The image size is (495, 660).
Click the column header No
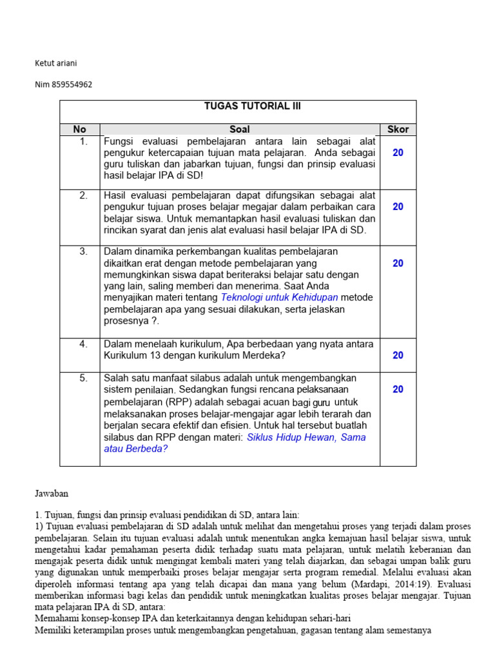coord(79,130)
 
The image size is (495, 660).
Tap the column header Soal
coord(239,130)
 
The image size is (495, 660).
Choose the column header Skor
coord(398,130)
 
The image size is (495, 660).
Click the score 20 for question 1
coord(398,153)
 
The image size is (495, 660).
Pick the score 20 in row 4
coord(398,355)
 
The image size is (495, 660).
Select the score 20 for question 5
coord(398,389)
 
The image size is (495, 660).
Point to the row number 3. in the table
coord(83,252)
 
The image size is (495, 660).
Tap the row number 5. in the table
coord(83,378)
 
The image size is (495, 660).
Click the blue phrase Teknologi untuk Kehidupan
coord(279,297)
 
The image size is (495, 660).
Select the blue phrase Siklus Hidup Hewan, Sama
coord(306,437)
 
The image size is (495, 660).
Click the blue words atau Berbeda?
coord(135,449)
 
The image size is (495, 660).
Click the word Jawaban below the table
coord(51,493)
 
